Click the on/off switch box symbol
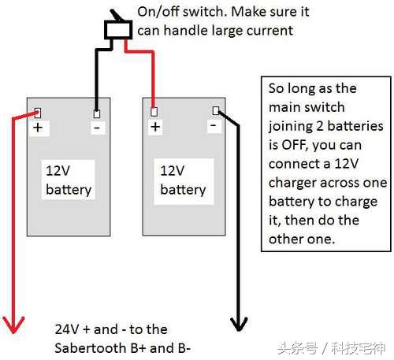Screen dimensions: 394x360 tap(118, 30)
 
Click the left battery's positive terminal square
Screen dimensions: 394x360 tap(38, 113)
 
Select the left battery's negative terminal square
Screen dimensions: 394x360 tap(97, 113)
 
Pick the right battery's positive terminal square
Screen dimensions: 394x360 tap(154, 112)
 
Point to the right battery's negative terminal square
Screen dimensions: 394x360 tap(216, 110)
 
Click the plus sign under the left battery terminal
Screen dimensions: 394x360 tap(38, 128)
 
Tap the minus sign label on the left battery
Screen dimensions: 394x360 tap(97, 128)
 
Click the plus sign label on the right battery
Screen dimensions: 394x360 tap(155, 127)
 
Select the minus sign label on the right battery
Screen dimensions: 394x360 tap(214, 125)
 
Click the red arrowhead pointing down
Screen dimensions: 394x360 tap(13, 325)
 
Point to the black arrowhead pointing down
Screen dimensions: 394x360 tap(239, 324)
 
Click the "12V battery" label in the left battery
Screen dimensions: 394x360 tap(69, 180)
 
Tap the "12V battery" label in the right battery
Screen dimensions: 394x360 tap(183, 180)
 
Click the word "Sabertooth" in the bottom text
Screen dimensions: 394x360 tap(90, 348)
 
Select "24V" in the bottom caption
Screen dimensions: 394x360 tap(67, 329)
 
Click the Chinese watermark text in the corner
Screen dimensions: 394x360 tap(332, 348)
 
